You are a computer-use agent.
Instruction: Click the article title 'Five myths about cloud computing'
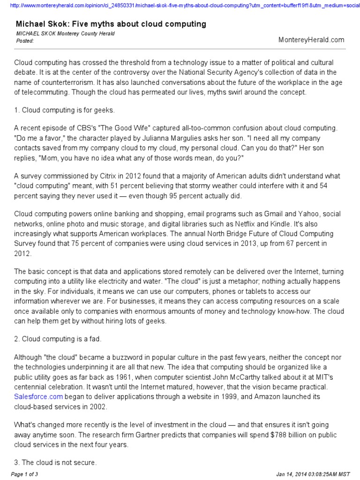pyautogui.click(x=111, y=24)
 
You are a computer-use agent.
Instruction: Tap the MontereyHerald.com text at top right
pyautogui.click(x=311, y=40)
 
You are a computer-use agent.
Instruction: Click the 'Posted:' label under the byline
pyautogui.click(x=25, y=41)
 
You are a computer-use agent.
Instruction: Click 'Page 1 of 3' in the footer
pyautogui.click(x=24, y=474)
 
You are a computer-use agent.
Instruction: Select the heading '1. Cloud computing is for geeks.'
pyautogui.click(x=64, y=110)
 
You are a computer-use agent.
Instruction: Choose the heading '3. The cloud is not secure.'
pyautogui.click(x=55, y=463)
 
